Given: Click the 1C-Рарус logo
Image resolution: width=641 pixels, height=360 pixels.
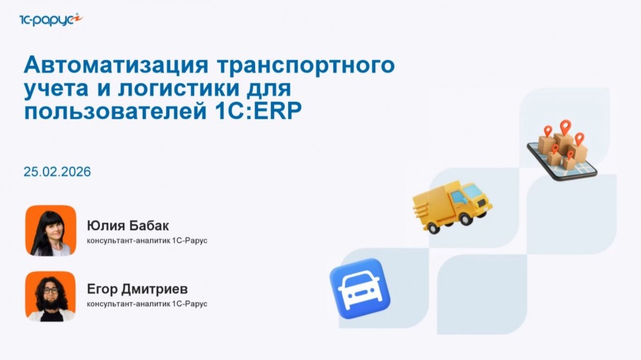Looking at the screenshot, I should coord(50,19).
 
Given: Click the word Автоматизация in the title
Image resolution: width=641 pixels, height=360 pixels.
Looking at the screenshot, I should coord(112,66).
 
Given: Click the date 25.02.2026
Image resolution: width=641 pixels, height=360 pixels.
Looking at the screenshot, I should coord(57,172).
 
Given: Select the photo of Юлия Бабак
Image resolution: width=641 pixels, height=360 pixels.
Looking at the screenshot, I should coord(51,231).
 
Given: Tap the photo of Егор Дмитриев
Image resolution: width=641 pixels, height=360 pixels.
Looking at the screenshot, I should coord(51,296).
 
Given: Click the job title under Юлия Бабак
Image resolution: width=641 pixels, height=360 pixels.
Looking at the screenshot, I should coord(147,240).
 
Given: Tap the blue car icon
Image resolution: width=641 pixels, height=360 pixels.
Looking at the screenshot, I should coord(360,289).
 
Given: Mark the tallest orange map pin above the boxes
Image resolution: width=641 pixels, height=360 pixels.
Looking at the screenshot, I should coord(565,126).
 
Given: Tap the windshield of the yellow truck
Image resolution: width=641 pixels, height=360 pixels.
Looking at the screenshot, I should coord(474,192).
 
